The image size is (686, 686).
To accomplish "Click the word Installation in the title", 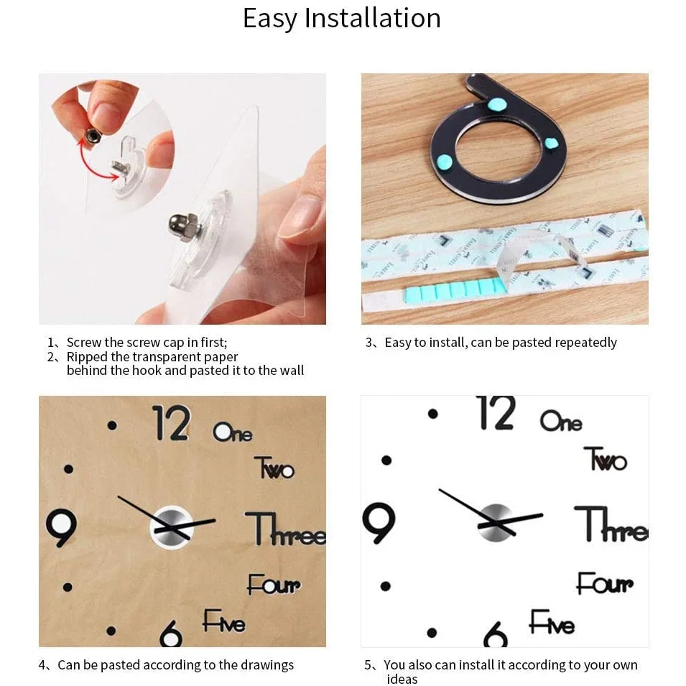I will (373, 18).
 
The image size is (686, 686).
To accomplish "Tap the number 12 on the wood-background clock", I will (171, 423).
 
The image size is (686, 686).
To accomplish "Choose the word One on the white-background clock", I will (560, 421).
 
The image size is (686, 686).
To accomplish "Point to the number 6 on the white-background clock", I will (496, 634).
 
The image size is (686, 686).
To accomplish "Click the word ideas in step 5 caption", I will (402, 679).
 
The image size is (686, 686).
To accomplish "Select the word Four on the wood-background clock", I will (274, 585).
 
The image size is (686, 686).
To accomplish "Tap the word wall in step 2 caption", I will (291, 371).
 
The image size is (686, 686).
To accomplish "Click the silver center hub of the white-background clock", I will (496, 521).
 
